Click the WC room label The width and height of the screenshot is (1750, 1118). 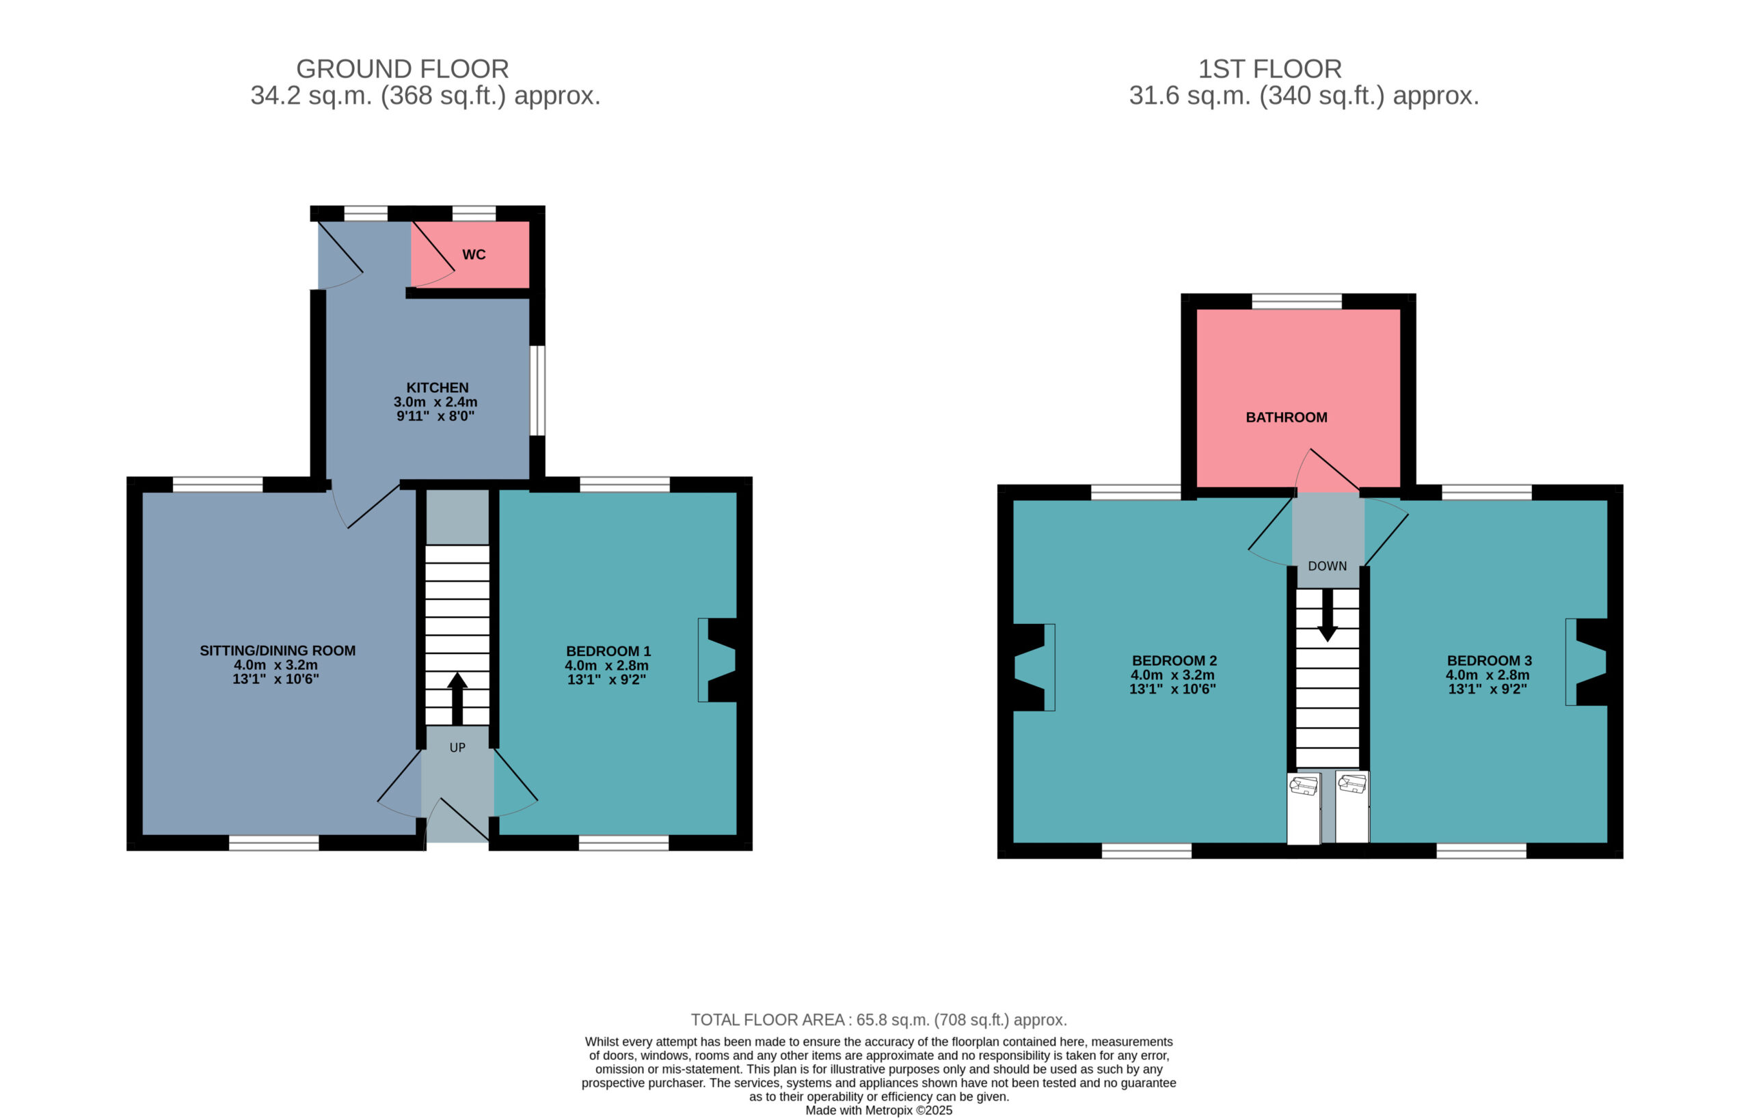[474, 255]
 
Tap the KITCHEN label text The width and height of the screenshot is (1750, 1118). [437, 388]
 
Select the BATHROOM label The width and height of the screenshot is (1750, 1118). [1287, 418]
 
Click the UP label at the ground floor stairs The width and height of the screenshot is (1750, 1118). [457, 748]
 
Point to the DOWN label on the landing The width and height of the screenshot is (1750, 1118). [1327, 566]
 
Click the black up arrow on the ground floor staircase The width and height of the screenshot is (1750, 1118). [457, 699]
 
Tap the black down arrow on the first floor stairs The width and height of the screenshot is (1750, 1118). [1328, 615]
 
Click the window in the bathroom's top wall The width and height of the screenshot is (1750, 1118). [1297, 301]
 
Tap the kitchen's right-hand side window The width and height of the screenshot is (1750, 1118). [537, 391]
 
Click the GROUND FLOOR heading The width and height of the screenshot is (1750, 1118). [402, 69]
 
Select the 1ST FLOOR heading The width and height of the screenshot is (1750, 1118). [1269, 69]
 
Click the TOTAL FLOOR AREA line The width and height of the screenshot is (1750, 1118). [878, 1020]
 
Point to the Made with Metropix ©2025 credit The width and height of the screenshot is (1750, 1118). [878, 1110]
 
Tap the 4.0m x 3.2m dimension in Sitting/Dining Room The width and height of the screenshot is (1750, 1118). [275, 666]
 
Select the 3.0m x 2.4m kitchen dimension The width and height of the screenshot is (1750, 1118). [435, 403]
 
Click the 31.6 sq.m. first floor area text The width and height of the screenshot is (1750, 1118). [1189, 96]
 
